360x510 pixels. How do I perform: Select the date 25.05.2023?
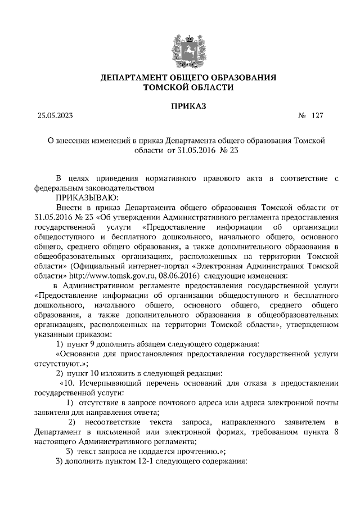pyautogui.click(x=55, y=116)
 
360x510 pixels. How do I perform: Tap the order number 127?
pyautogui.click(x=317, y=116)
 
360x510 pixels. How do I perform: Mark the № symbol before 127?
pyautogui.click(x=301, y=116)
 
